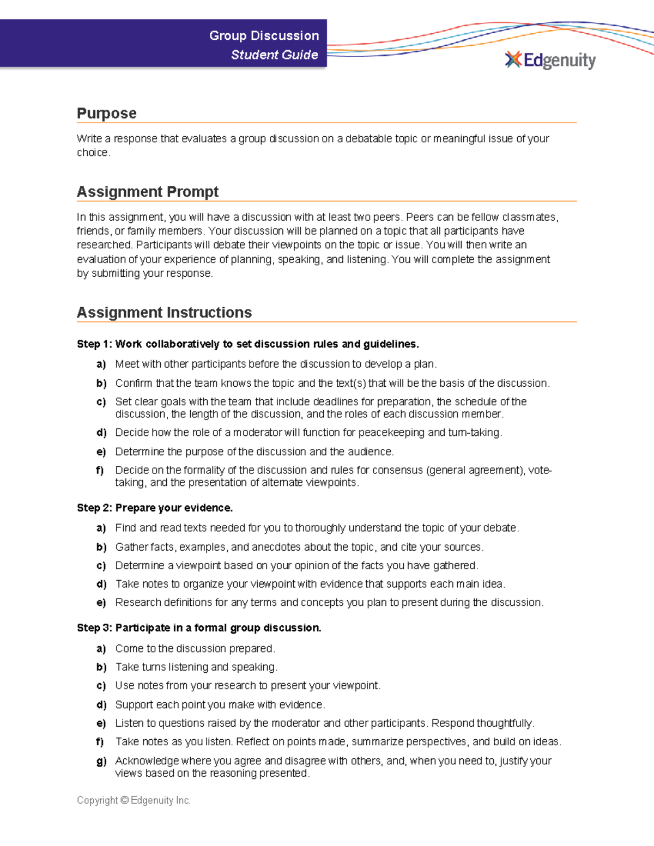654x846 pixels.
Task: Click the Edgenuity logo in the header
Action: (550, 60)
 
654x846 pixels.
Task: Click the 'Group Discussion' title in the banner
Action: (264, 36)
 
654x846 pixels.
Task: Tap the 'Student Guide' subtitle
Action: (274, 55)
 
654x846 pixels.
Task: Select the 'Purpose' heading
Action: (106, 113)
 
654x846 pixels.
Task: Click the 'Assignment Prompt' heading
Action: (148, 192)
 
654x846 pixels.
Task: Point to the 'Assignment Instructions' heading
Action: (164, 313)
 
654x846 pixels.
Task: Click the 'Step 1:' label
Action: (94, 344)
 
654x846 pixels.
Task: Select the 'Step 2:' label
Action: (94, 508)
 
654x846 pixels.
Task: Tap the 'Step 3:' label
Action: (94, 628)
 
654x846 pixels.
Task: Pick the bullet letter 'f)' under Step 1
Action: (100, 470)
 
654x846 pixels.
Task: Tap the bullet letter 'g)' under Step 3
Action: (101, 761)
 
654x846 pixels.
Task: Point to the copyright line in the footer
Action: (134, 800)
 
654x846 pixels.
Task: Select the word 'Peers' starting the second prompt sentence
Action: (420, 217)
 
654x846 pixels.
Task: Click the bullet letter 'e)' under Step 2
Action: (101, 603)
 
